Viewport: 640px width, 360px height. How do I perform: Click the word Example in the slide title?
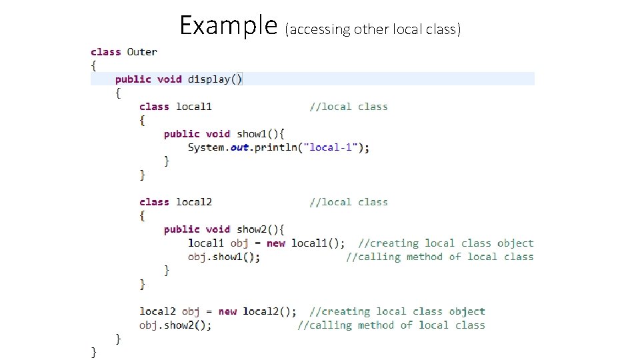[228, 26]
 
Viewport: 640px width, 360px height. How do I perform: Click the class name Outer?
[142, 52]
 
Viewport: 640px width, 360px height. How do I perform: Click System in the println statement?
[207, 147]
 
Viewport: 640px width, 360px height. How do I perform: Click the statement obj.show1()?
[224, 257]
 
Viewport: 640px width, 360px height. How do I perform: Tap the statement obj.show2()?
[175, 325]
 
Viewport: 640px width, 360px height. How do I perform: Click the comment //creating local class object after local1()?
[446, 243]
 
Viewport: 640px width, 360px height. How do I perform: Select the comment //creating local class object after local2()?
[397, 311]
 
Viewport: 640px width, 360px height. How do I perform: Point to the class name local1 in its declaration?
[194, 107]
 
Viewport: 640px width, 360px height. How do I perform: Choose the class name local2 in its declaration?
[194, 202]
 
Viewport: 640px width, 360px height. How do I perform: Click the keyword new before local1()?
[275, 243]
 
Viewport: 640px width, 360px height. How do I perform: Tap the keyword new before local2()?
[227, 311]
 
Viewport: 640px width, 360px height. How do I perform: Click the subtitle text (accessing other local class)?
[373, 29]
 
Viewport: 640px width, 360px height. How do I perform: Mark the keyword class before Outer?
[105, 52]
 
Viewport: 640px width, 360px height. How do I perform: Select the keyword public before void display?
[133, 79]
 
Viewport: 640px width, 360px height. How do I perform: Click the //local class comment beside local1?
[349, 107]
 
